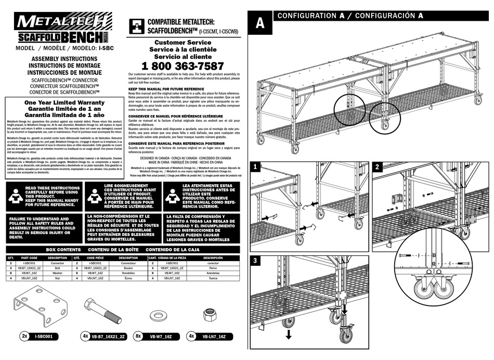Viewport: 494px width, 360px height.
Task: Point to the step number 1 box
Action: click(255, 167)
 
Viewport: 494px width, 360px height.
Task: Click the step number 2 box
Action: click(378, 167)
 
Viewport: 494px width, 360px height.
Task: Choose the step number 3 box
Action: click(255, 260)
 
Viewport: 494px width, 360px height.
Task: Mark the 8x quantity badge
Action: click(140, 337)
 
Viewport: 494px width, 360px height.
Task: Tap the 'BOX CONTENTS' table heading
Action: click(63, 250)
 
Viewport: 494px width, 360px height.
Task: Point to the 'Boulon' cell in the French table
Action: click(128, 267)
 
